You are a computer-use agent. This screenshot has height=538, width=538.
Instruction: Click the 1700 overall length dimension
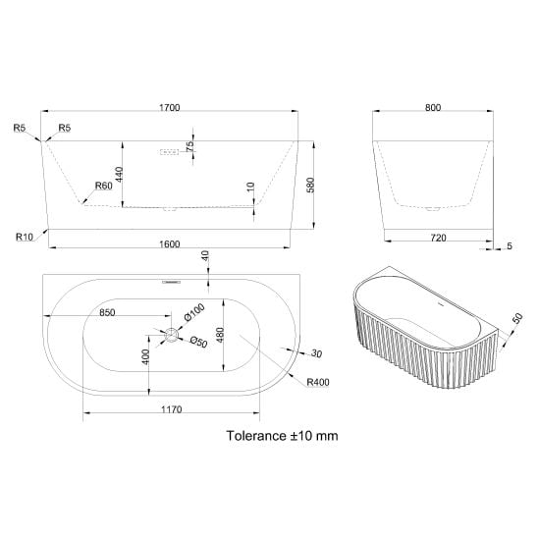click(170, 107)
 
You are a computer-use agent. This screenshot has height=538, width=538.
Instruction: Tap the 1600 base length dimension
click(170, 243)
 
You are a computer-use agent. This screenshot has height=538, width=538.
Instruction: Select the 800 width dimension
click(433, 107)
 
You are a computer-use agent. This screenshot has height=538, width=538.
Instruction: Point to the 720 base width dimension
click(438, 238)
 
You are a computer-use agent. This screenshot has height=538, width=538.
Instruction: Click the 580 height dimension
click(310, 185)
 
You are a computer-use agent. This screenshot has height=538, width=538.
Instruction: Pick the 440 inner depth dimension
click(119, 175)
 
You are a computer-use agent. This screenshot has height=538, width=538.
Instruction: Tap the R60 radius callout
click(104, 186)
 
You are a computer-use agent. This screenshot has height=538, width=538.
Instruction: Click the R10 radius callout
click(25, 237)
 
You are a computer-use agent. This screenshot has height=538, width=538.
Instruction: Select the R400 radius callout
click(318, 382)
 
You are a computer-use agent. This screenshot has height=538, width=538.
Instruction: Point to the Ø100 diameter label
click(194, 312)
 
